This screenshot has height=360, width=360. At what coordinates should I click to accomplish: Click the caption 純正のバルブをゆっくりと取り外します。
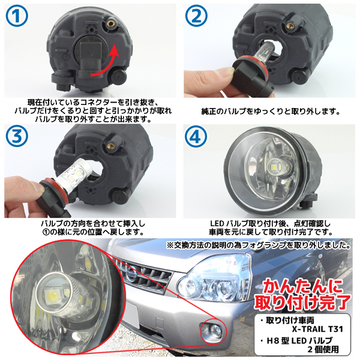(x=271, y=112)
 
